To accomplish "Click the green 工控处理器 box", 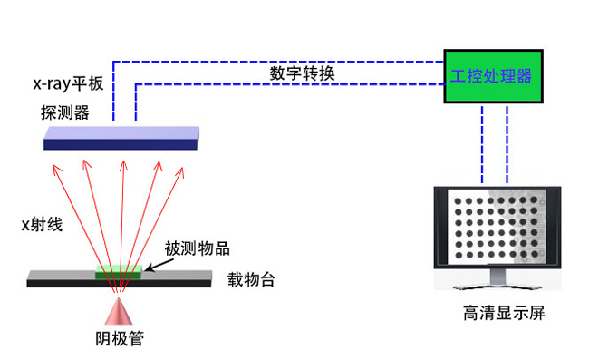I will (x=488, y=75).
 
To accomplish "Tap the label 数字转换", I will (x=303, y=73).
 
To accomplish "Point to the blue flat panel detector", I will (x=122, y=139).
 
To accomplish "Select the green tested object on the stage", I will (x=119, y=270).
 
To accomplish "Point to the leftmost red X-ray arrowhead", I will (x=55, y=166).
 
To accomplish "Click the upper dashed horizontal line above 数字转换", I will (x=272, y=61).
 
